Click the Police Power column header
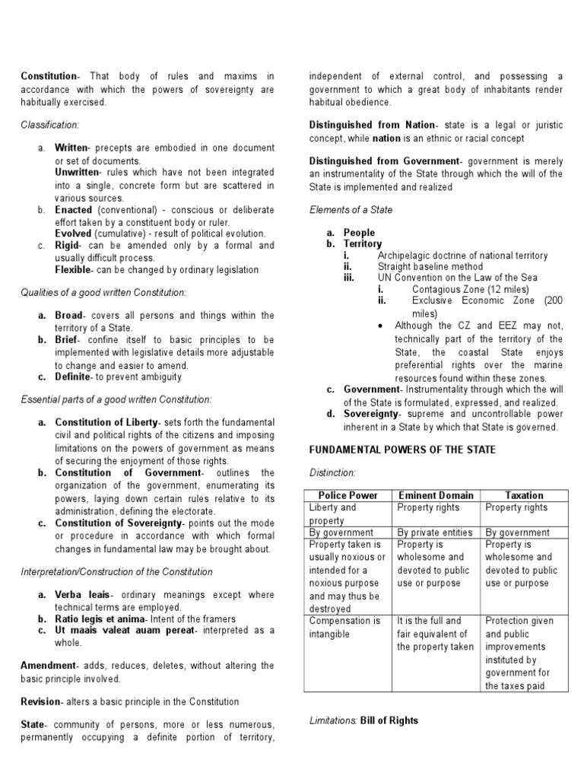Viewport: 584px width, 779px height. click(348, 495)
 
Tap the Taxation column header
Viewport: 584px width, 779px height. click(523, 495)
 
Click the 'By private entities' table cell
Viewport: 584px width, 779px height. click(434, 533)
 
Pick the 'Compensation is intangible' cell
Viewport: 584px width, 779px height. click(344, 627)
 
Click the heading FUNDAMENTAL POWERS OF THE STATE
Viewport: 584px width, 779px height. click(402, 450)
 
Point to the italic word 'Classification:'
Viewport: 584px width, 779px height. click(49, 124)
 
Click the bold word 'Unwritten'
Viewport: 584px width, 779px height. click(78, 173)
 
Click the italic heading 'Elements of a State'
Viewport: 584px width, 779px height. click(351, 209)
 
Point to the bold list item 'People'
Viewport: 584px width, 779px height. click(359, 233)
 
